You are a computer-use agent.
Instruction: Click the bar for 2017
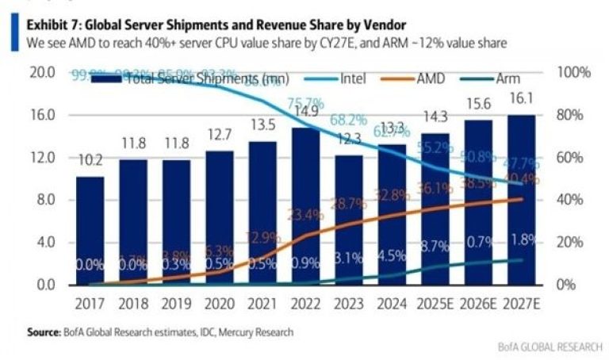click(x=90, y=230)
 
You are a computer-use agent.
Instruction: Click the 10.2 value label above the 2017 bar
click(x=90, y=161)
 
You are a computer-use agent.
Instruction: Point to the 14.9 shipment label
click(x=304, y=110)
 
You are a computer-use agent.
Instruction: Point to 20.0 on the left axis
click(x=41, y=73)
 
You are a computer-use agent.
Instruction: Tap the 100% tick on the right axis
click(x=574, y=73)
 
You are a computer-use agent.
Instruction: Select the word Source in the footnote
click(x=44, y=332)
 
